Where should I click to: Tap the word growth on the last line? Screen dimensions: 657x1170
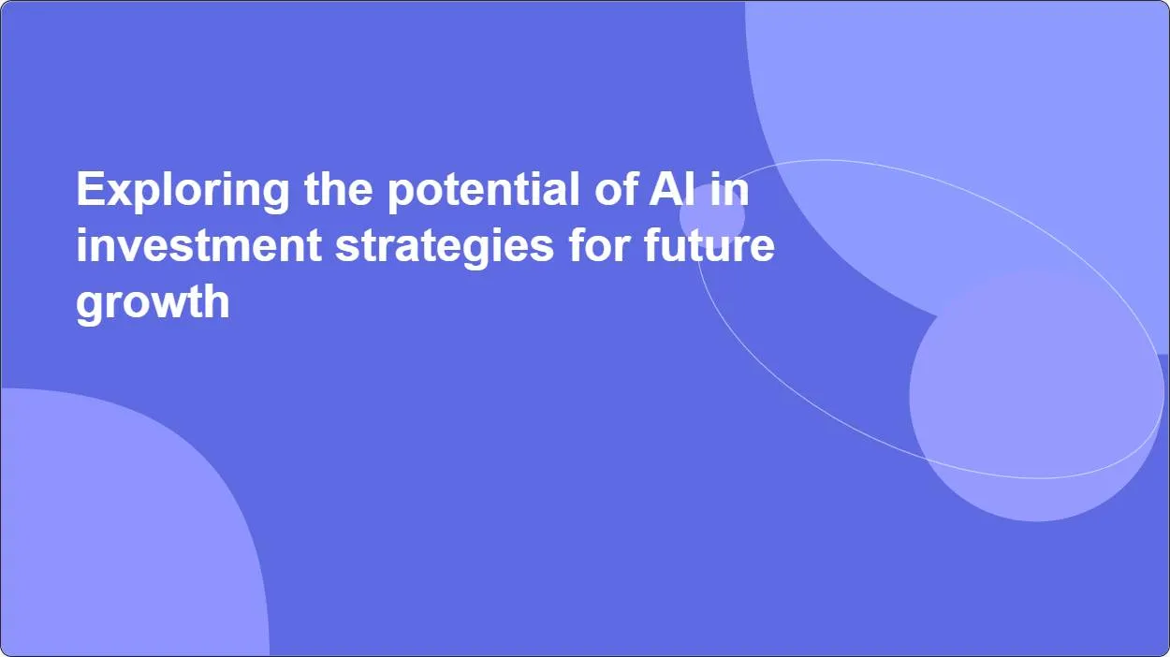(x=153, y=302)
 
